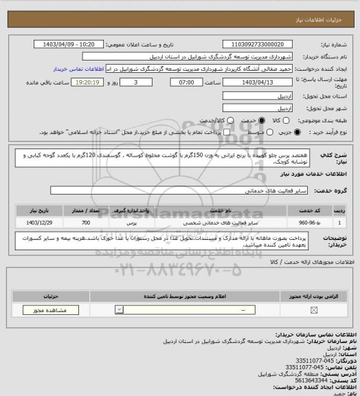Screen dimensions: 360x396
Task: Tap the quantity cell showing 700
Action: (85, 223)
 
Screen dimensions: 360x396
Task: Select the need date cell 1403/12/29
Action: (36, 223)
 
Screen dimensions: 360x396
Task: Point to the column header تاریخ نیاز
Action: (36, 210)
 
